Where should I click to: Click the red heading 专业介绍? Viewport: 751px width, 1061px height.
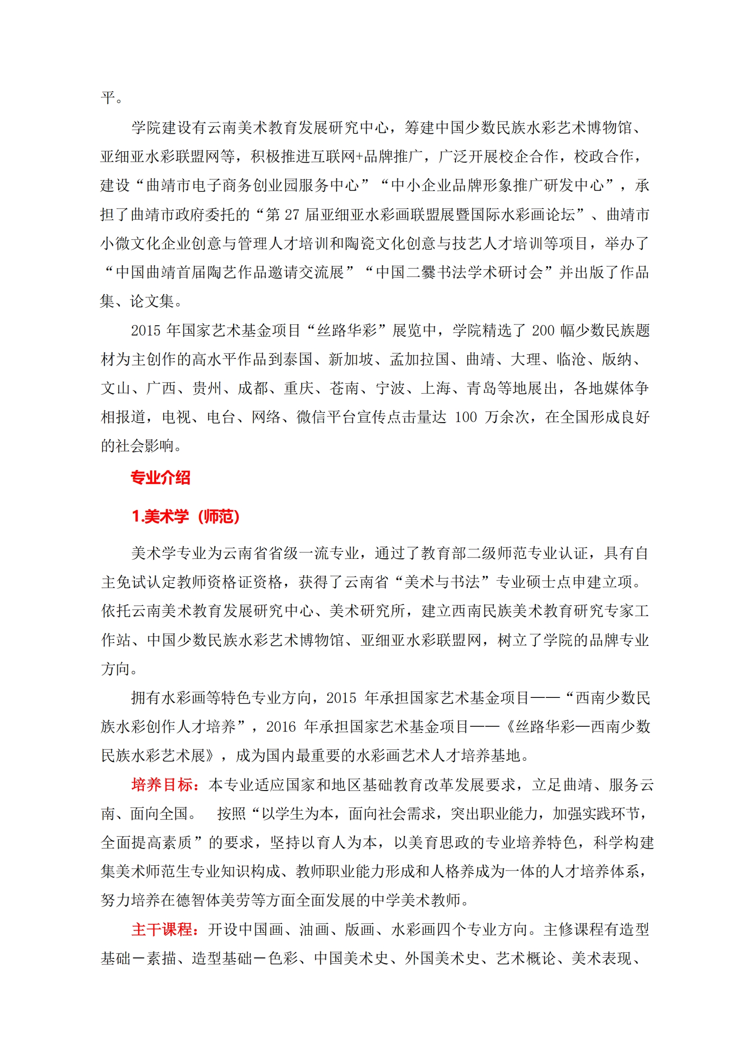[160, 478]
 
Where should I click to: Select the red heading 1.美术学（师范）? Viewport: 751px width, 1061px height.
[185, 516]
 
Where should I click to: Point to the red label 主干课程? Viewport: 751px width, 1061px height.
[162, 929]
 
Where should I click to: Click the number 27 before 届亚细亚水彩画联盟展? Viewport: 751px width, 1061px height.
[291, 215]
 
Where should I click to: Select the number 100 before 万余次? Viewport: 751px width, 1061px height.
[465, 417]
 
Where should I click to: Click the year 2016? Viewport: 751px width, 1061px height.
[281, 727]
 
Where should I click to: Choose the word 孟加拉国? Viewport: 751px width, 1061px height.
[419, 359]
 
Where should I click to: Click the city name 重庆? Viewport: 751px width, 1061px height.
[299, 388]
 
